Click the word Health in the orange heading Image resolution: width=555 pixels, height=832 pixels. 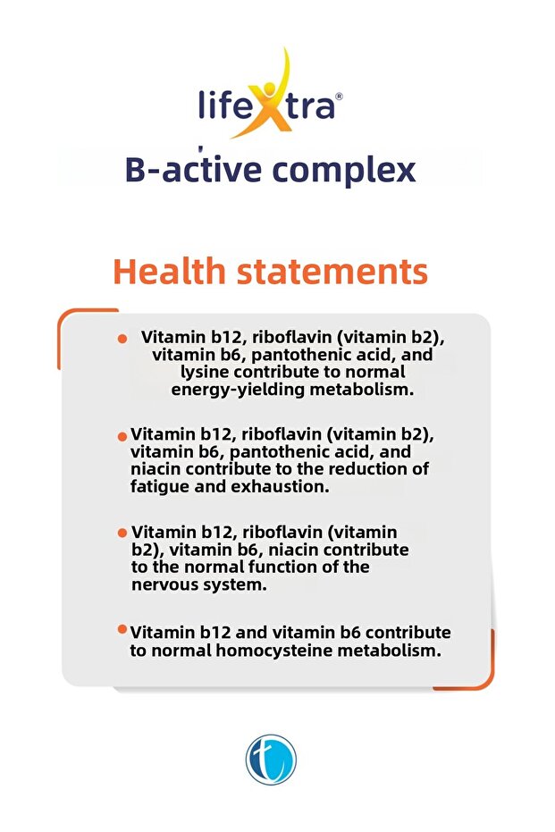[171, 272]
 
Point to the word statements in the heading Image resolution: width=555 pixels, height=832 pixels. [333, 272]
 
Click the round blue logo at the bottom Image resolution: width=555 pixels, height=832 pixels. [270, 761]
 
